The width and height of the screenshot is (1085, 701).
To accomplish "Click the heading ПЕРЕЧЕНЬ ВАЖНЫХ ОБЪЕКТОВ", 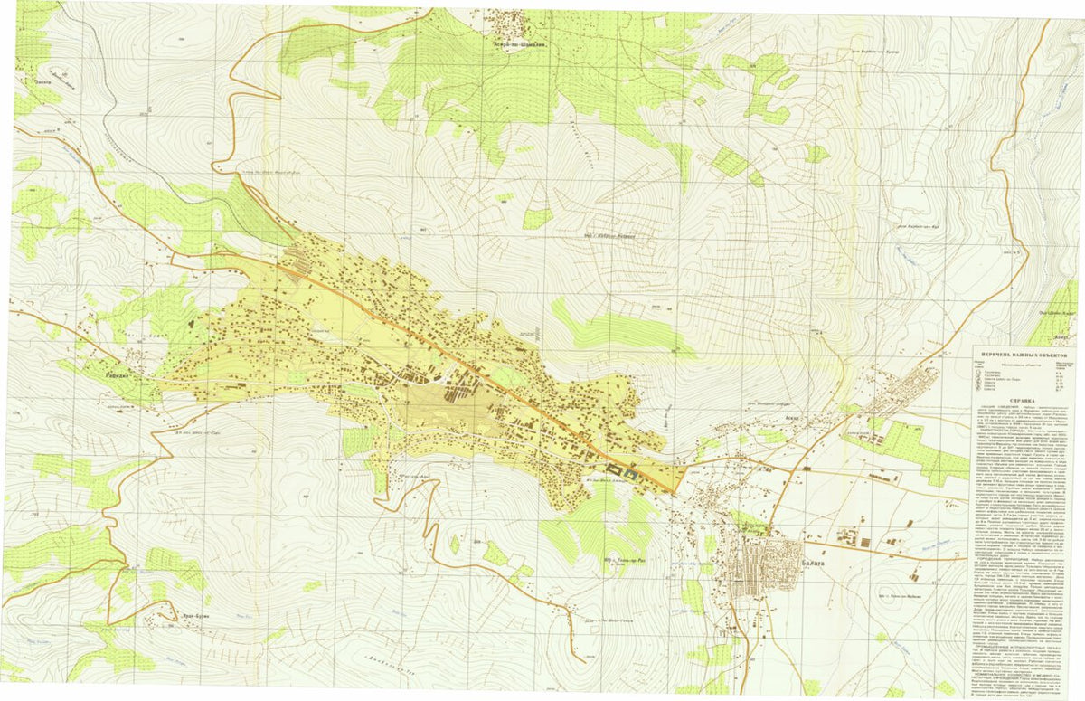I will pyautogui.click(x=1027, y=356).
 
